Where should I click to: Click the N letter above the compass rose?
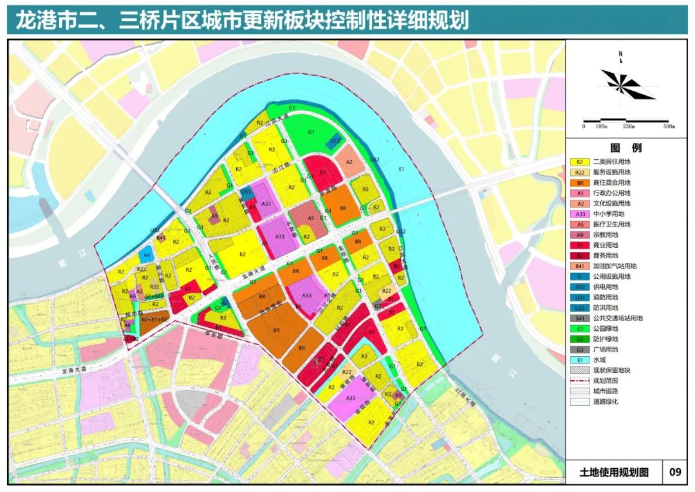(620, 55)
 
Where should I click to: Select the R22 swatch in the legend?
(580, 173)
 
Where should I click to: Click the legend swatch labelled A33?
(580, 214)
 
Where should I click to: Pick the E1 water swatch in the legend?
(580, 359)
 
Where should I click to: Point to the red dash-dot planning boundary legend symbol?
(580, 380)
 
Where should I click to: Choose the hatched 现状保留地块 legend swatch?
(580, 370)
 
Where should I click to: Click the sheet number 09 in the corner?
(674, 472)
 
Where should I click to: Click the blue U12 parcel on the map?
(335, 141)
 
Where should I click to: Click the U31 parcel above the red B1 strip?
(245, 192)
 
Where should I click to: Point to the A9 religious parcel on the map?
(215, 216)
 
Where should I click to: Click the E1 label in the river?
(401, 169)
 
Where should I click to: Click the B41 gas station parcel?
(161, 238)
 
